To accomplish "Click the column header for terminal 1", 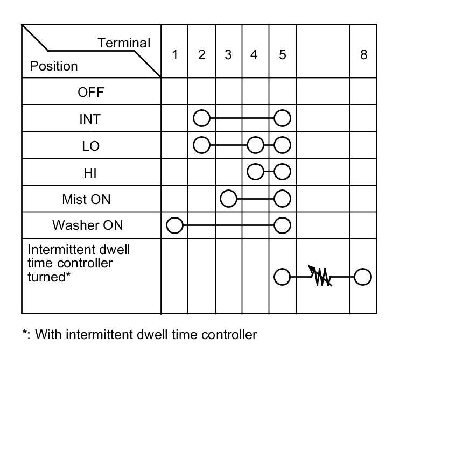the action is coord(174,54).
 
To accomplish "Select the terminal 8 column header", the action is coord(363,54).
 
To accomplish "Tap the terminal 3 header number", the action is coord(228,54).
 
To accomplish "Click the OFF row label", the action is coord(90,92).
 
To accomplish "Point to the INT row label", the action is coord(90,119).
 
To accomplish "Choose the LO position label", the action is coord(90,146).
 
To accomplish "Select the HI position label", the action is coord(90,173).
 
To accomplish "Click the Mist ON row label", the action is coord(86,199).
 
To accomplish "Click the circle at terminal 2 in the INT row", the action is coord(201,118).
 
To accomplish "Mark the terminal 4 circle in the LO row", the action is coord(255,145).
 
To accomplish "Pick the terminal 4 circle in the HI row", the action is coord(255,172).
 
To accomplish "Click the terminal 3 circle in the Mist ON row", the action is coord(229,199).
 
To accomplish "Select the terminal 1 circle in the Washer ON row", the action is coord(174,225).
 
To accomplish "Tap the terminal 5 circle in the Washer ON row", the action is coord(282,225).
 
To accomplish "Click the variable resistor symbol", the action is coord(321,277).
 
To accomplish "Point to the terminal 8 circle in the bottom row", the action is coord(363,277).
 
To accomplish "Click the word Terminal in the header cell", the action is coord(124,43).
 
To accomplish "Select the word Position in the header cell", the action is coord(54,66).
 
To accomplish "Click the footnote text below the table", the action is coord(139,335).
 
